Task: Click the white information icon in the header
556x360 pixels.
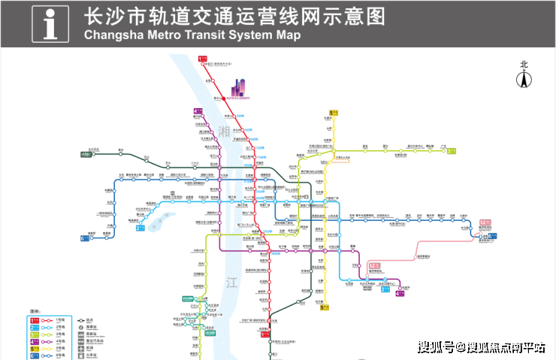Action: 51,23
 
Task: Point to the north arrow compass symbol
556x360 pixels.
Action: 524,78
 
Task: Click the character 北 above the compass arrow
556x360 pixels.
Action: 524,65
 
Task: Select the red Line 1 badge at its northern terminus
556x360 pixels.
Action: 201,58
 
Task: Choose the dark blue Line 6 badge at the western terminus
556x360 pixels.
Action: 84,239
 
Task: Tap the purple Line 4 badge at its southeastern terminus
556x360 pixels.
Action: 399,293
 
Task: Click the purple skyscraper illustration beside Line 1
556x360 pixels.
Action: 241,87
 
